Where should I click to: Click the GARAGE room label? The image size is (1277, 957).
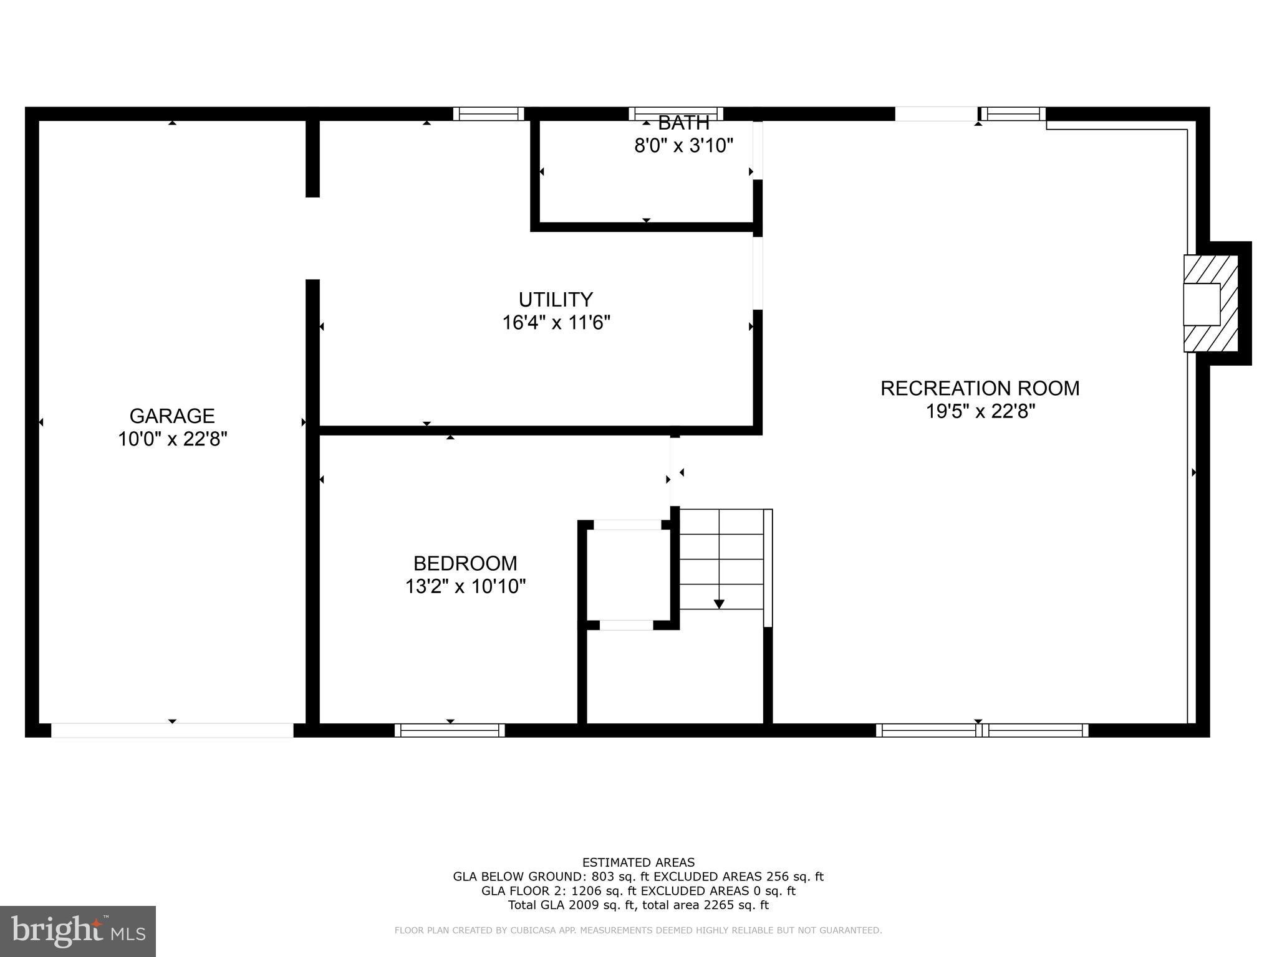172,416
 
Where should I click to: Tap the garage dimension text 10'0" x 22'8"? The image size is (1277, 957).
172,439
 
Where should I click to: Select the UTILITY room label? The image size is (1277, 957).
556,300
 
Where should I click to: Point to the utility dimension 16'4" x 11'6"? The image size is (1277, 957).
556,323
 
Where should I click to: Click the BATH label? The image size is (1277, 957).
683,123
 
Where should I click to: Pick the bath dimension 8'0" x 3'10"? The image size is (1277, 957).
683,146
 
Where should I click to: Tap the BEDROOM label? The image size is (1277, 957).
465,563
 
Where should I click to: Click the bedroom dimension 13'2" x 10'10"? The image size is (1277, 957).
465,586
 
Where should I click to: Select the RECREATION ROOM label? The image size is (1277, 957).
980,388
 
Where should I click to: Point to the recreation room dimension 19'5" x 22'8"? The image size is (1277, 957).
980,411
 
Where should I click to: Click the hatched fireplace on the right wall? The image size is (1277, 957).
1210,303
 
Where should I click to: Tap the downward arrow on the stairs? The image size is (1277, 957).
719,603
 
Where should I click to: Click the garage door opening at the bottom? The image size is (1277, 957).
172,730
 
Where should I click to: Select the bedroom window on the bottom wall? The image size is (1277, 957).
450,730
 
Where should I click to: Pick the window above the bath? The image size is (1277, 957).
676,113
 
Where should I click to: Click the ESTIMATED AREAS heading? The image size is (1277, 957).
638,862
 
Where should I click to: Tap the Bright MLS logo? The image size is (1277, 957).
78,931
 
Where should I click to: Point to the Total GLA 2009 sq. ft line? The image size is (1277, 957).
638,905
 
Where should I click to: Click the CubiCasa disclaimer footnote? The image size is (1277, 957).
638,931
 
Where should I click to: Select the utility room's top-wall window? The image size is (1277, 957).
488,113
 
